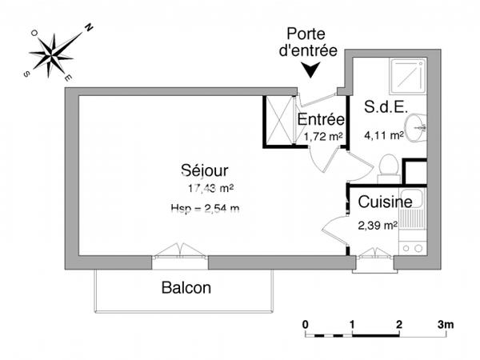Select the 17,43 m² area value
click(x=210, y=189)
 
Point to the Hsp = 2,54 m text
click(x=205, y=209)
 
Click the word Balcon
click(x=186, y=288)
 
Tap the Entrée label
click(x=320, y=120)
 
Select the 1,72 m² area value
click(x=323, y=137)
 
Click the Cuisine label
click(x=385, y=202)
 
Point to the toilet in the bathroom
click(x=388, y=166)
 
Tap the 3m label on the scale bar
click(x=446, y=325)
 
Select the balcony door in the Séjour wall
click(x=180, y=254)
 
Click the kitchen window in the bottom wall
click(x=373, y=254)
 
